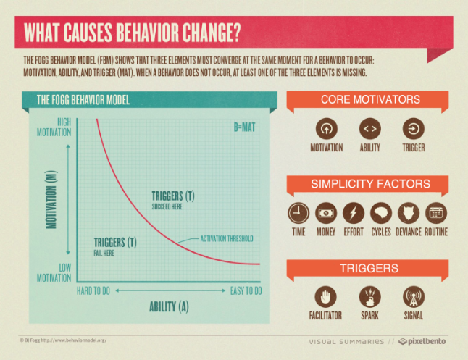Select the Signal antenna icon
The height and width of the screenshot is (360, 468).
(414, 297)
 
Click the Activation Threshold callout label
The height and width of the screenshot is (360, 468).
(225, 238)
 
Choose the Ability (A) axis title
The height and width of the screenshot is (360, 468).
(169, 306)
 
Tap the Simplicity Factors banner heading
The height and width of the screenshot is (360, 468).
(370, 183)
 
